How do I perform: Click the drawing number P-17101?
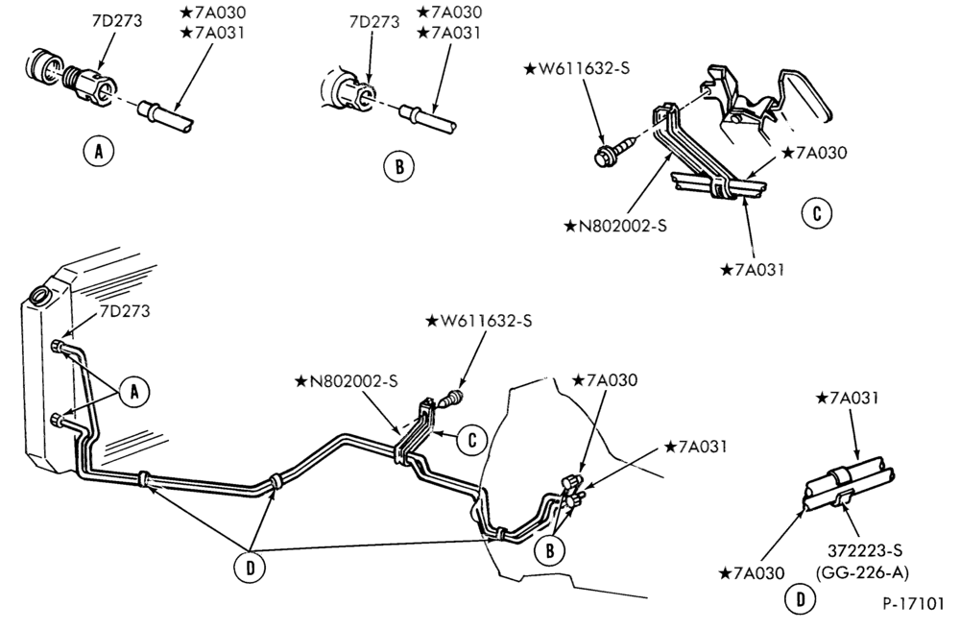coord(914,603)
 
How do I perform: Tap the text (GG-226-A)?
coord(862,572)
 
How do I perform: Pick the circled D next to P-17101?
coord(801,598)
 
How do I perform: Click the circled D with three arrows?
coord(250,568)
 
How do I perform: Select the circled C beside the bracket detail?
coord(816,213)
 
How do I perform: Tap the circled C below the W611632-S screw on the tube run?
coord(472,440)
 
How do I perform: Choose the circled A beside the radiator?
coord(135,391)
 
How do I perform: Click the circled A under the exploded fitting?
coord(99,151)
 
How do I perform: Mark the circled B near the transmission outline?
coord(550,551)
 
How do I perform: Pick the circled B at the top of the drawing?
coord(399,166)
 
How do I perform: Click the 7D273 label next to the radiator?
coord(125,311)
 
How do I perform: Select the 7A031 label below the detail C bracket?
coord(753,270)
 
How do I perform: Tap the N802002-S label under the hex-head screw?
coord(615,226)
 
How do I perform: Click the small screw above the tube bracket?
coord(453,400)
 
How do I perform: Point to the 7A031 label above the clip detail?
coord(848,398)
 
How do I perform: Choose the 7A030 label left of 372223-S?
coord(752,573)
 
